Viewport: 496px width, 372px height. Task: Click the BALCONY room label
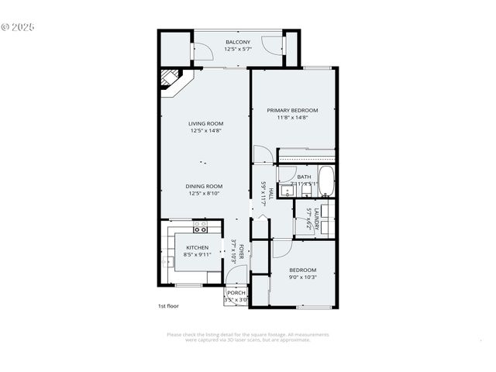[x=237, y=42]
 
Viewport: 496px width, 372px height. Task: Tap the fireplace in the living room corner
[x=170, y=79]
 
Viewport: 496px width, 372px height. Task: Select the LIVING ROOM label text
[x=205, y=123]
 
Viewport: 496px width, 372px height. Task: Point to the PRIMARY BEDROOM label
[x=293, y=110]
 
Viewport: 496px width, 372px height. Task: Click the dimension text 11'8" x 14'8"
[x=293, y=118]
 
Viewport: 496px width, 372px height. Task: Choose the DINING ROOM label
[x=205, y=186]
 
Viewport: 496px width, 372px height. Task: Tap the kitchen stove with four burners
[x=200, y=227]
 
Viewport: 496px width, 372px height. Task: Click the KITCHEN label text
[x=197, y=247]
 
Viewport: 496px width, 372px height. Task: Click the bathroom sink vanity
[x=285, y=191]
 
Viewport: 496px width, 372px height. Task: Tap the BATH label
[x=304, y=177]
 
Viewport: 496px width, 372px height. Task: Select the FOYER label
[x=241, y=253]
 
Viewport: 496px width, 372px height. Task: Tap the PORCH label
[x=236, y=292]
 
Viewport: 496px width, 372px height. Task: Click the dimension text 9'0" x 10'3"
[x=302, y=277]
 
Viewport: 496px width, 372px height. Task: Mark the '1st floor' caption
[x=167, y=306]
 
